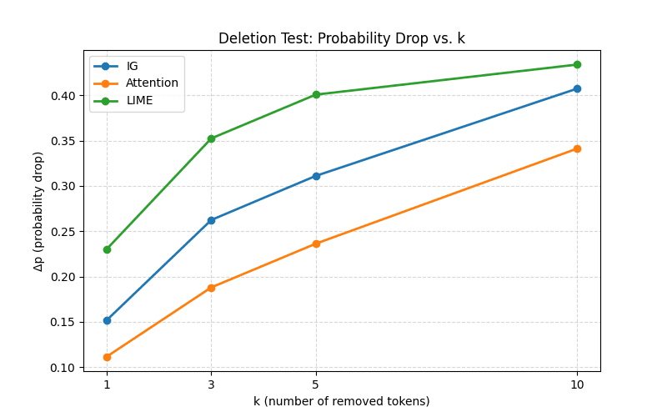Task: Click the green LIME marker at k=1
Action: (x=107, y=249)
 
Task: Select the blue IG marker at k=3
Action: (x=211, y=220)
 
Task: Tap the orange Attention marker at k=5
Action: (x=316, y=244)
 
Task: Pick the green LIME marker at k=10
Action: (x=577, y=64)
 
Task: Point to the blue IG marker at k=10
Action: (x=577, y=88)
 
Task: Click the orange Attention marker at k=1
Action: (x=107, y=357)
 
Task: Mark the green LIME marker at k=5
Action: (x=316, y=94)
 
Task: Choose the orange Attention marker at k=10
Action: (x=577, y=148)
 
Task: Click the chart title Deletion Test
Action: (x=342, y=38)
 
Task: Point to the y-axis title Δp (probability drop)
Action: (x=38, y=211)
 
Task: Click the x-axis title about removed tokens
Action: (x=342, y=401)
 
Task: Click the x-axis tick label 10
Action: (x=577, y=384)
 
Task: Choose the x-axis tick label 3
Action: (x=211, y=384)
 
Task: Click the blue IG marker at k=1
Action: (x=107, y=320)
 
